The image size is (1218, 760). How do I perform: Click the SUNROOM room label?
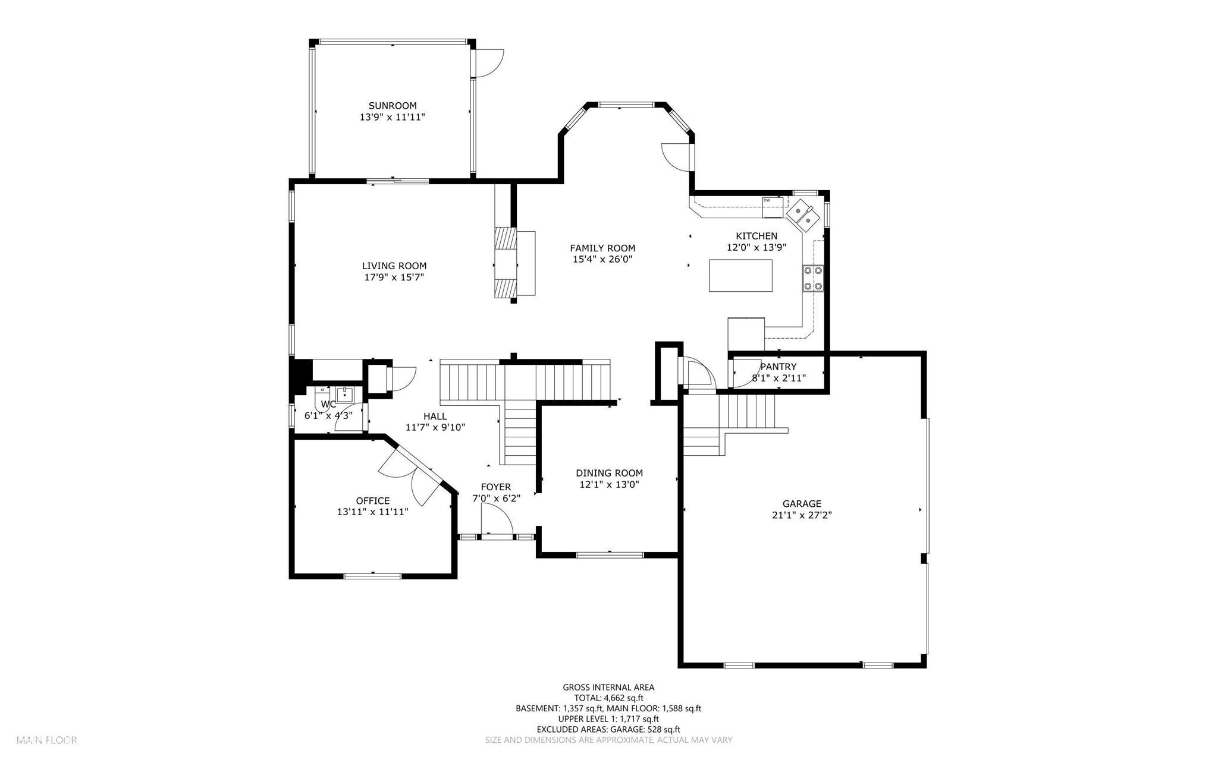(x=392, y=106)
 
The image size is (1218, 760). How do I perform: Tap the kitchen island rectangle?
(x=740, y=275)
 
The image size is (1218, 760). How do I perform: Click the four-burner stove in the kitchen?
(x=813, y=278)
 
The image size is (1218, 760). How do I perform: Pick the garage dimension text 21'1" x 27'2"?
(x=801, y=515)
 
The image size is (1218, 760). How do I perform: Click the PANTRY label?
(x=778, y=367)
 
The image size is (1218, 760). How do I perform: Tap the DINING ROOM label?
(x=609, y=473)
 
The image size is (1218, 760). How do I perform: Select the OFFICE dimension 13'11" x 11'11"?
(x=372, y=512)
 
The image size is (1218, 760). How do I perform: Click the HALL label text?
(x=435, y=416)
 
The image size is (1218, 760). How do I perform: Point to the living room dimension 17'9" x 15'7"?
(x=394, y=277)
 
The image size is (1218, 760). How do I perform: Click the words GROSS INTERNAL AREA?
(x=608, y=688)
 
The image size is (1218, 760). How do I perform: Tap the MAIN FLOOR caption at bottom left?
(x=47, y=740)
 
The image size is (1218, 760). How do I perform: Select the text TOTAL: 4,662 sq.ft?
(x=608, y=698)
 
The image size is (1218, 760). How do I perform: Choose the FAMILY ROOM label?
(x=602, y=248)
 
